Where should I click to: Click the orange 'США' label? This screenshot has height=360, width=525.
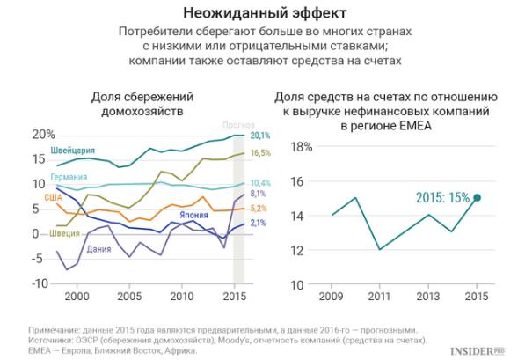[x=54, y=198]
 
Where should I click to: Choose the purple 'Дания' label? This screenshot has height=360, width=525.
[x=99, y=248]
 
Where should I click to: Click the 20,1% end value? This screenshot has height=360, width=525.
[x=259, y=136]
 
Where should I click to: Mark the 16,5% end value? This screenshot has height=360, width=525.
[x=259, y=153]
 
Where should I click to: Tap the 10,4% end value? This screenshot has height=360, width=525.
[x=259, y=182]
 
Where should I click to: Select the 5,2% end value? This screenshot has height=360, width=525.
[x=258, y=209]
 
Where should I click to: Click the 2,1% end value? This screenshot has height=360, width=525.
[x=258, y=224]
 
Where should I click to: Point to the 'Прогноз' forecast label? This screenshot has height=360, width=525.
[x=238, y=125]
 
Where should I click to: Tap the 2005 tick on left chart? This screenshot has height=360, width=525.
[x=129, y=298]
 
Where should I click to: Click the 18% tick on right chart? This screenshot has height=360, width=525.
[x=303, y=147]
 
